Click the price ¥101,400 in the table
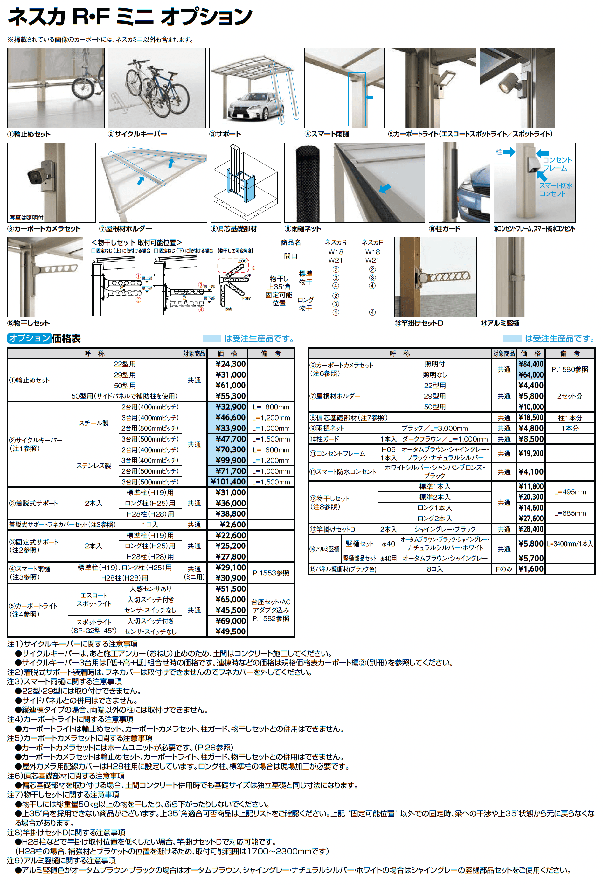tap(227, 482)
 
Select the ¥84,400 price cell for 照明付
tap(531, 364)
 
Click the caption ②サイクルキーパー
tap(137, 134)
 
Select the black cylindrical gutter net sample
tap(307, 183)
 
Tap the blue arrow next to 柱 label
tap(509, 152)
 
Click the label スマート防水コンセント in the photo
tap(555, 189)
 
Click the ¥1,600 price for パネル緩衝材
tap(531, 569)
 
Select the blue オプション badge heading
tap(29, 338)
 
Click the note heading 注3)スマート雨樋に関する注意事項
tap(64, 681)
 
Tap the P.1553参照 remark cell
tap(271, 573)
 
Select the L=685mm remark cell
tap(570, 513)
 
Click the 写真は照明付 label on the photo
tap(26, 218)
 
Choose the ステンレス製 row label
tap(93, 466)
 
